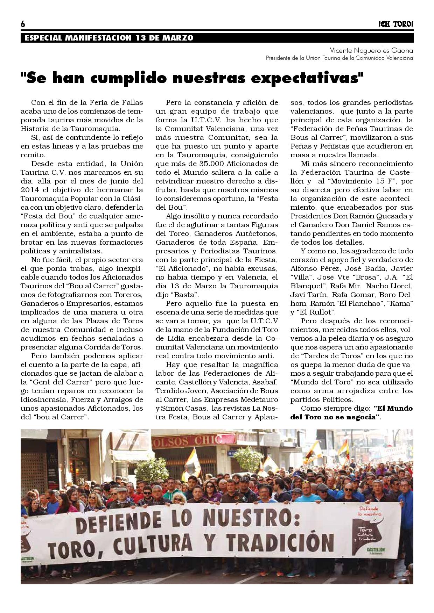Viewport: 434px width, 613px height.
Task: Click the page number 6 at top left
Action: pyautogui.click(x=23, y=24)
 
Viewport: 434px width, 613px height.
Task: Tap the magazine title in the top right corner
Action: pyautogui.click(x=396, y=24)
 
